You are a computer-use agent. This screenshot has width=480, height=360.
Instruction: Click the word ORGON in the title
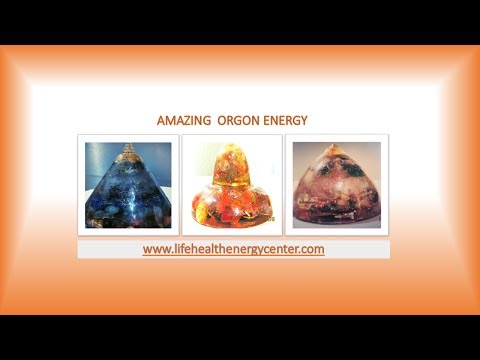[240, 120]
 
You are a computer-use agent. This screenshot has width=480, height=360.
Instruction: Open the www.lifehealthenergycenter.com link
[233, 249]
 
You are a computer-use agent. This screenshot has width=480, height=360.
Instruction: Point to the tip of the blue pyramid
[128, 148]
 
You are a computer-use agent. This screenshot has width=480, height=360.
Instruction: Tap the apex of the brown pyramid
[334, 147]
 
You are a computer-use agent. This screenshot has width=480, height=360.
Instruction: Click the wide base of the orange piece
[231, 213]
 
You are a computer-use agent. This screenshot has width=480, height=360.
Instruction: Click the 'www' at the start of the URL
[154, 249]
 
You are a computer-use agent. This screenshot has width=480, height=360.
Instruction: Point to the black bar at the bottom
[240, 337]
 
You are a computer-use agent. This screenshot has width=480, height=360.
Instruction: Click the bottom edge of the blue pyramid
[128, 223]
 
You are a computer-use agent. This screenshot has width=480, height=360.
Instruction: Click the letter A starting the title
[161, 120]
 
